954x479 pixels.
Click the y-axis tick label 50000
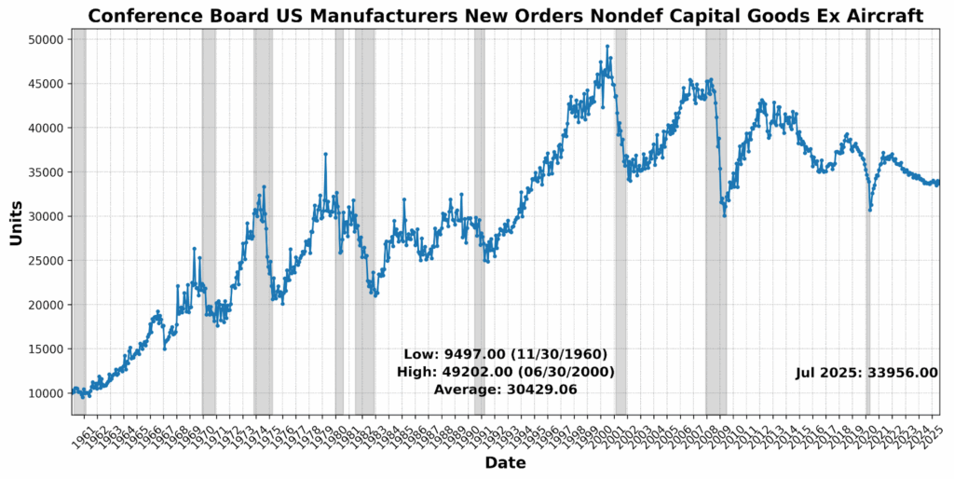[43, 40]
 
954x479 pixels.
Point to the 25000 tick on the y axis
[43, 261]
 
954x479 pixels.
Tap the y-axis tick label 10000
[43, 393]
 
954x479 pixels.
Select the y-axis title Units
[16, 223]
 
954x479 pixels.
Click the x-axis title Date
[505, 463]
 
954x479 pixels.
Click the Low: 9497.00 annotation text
[505, 354]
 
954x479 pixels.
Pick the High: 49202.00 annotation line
[505, 372]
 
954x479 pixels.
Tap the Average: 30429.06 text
[505, 390]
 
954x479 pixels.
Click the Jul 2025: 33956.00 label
[866, 373]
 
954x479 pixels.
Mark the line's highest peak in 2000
[607, 46]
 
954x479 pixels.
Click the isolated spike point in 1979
[325, 154]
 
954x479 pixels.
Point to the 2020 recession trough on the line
[870, 210]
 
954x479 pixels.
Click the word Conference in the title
[150, 16]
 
